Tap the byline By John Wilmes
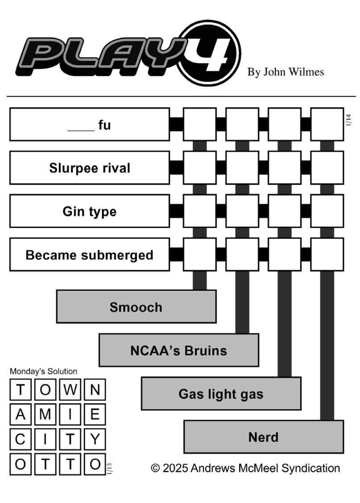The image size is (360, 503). point(286,72)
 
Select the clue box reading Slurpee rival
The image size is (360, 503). point(90,168)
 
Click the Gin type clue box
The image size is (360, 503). point(90,211)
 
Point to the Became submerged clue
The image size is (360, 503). point(90,255)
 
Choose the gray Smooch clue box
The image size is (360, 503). point(136,307)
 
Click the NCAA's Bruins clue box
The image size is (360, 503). point(178,350)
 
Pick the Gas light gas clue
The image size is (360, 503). point(221,394)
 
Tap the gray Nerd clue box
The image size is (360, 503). point(263,437)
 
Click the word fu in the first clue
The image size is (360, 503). point(104,125)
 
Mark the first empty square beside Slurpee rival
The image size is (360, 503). point(200,168)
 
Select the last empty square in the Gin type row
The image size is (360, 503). point(327,211)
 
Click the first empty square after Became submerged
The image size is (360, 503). point(200,255)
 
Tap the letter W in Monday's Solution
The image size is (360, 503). point(70,390)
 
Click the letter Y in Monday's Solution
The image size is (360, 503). point(95,440)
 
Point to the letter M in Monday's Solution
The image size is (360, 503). point(46,415)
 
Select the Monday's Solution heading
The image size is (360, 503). point(43,371)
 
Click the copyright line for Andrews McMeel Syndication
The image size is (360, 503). point(245,468)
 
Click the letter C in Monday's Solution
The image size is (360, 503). point(21,440)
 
